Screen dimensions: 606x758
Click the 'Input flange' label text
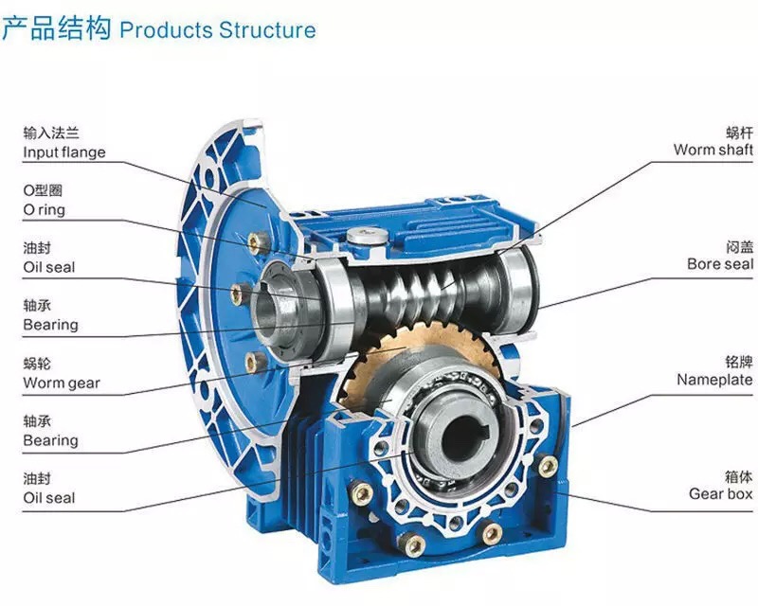pos(63,152)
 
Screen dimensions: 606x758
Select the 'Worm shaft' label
pos(713,150)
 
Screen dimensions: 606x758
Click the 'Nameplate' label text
pos(714,380)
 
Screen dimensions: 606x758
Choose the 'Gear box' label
pos(720,493)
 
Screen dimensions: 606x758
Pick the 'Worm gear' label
pos(61,383)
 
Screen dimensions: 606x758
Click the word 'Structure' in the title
pos(267,29)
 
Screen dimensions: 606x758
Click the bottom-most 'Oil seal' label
pos(48,498)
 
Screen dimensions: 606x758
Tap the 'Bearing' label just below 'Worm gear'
pos(50,440)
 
